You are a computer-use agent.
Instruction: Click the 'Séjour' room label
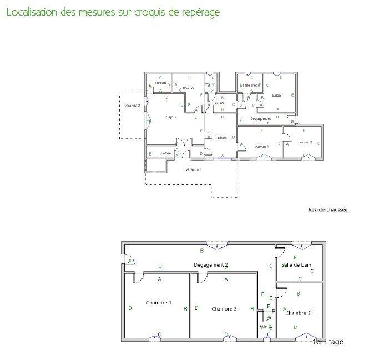pos(171,117)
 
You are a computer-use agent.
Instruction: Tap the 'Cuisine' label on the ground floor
pos(221,138)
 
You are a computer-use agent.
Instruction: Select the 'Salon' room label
pos(276,95)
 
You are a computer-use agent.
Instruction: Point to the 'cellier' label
pos(220,103)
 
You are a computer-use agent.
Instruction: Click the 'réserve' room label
pos(188,87)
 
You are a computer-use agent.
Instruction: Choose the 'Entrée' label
pos(165,153)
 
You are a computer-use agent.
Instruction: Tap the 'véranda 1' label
pos(193,169)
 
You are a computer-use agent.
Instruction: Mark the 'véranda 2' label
pos(132,104)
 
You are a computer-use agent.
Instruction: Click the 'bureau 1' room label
pos(261,146)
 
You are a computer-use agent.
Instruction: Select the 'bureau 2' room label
pos(305,142)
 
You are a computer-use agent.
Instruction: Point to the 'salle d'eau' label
pos(250,85)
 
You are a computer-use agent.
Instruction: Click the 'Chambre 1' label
pos(159,303)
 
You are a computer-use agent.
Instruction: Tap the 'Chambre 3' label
pos(224,308)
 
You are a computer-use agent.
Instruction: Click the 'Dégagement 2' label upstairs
pos(210,265)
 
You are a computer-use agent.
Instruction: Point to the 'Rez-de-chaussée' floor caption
pos(327,209)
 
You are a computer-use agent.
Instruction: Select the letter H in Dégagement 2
pos(160,267)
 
